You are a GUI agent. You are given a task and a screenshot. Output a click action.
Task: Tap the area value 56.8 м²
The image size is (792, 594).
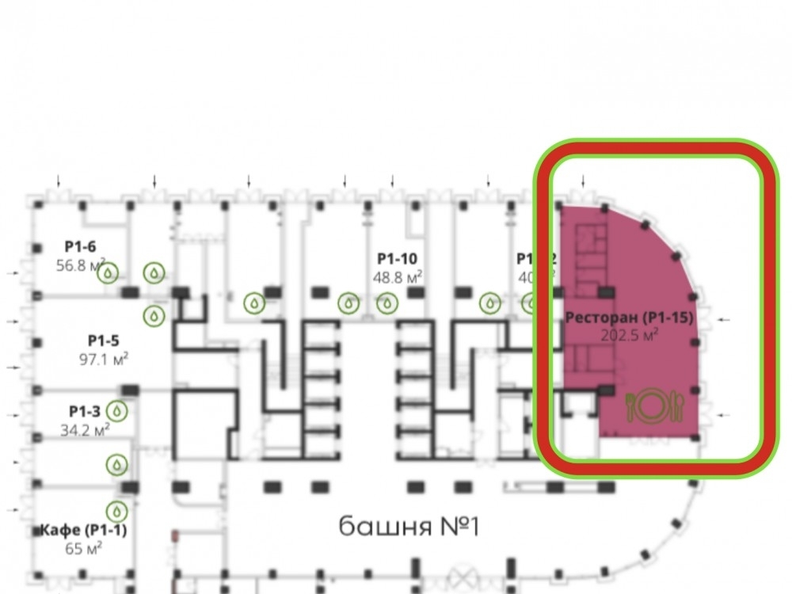click(x=81, y=265)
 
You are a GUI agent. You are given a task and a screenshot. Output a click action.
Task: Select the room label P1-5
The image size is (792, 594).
click(x=104, y=341)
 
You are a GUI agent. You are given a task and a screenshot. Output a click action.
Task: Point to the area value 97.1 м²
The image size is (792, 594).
click(x=103, y=359)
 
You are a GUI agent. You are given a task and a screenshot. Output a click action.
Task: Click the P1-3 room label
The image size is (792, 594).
click(x=84, y=411)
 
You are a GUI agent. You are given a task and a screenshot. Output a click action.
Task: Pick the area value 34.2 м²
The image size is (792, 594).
click(x=86, y=430)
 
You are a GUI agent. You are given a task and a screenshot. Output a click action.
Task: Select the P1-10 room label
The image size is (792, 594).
click(x=397, y=258)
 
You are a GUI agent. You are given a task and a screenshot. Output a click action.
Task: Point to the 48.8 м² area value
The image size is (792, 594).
click(x=397, y=277)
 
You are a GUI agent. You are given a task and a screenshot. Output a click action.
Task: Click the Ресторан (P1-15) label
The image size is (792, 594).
click(x=630, y=318)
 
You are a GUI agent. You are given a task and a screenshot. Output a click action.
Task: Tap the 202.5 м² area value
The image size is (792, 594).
click(x=630, y=336)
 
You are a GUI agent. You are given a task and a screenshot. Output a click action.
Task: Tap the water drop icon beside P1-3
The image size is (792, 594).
click(x=118, y=410)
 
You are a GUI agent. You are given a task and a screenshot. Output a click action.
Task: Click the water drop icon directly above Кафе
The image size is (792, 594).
click(x=118, y=509)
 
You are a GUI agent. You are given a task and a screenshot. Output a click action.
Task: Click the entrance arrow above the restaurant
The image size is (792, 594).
click(x=584, y=182)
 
